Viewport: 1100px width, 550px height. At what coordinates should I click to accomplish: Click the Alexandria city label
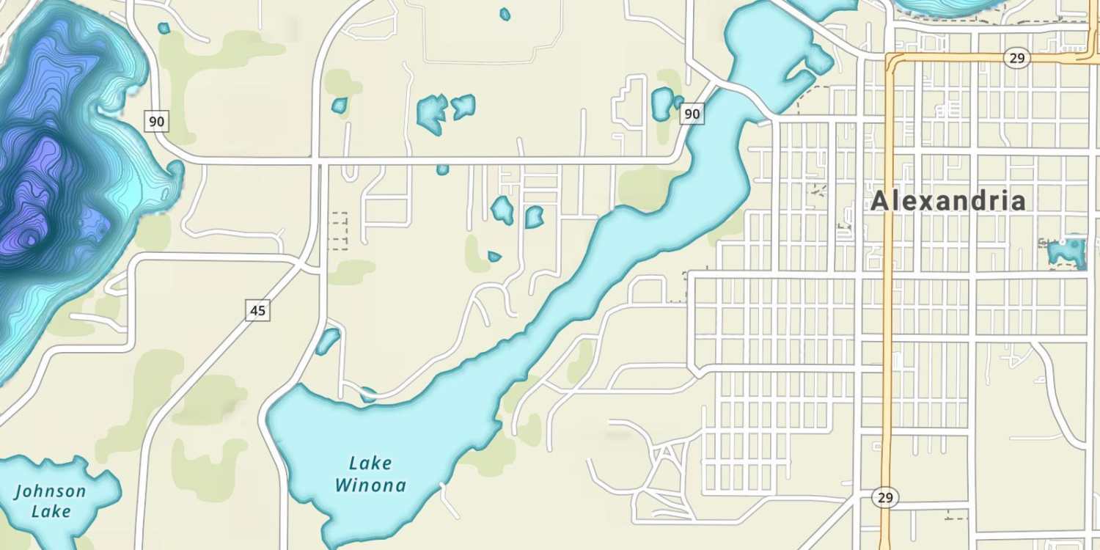coord(948,201)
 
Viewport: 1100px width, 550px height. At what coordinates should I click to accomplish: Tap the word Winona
coord(370,485)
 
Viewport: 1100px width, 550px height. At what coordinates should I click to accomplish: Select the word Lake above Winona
coord(370,463)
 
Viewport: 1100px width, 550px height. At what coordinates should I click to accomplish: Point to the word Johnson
coord(50,491)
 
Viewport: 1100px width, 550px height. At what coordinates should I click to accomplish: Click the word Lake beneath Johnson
coord(51,510)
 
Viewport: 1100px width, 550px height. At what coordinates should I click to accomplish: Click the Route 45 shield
coord(257,311)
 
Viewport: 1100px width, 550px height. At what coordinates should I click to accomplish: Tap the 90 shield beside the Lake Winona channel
coord(692,114)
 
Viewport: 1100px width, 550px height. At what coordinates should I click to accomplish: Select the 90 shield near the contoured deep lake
coord(156,121)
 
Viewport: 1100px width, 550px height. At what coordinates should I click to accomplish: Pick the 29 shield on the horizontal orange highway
coord(1016,59)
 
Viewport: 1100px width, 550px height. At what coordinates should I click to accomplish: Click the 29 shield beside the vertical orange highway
coord(885,498)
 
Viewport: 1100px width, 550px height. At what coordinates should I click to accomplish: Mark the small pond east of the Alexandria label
coord(1067,252)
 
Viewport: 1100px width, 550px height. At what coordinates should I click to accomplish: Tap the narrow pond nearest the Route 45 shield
coord(327,341)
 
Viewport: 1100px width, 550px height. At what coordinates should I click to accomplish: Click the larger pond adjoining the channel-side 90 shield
coord(662,103)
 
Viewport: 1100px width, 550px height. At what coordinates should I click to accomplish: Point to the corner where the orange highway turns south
coord(890,58)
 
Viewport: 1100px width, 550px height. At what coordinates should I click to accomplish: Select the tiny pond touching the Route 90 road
coord(442,169)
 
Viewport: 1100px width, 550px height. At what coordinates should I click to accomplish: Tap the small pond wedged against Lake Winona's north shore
coord(368,395)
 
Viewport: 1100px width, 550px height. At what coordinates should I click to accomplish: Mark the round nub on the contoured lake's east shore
coord(175,170)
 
